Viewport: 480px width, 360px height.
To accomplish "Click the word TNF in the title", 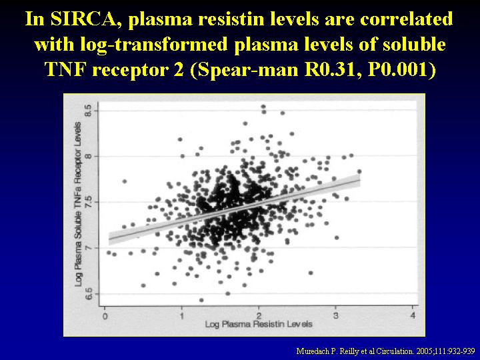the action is [x=66, y=69].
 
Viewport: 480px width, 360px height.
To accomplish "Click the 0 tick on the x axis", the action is [x=105, y=315].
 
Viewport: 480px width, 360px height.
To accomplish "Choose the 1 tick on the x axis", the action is [x=182, y=315].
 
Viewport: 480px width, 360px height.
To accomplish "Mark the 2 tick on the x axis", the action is [x=259, y=315].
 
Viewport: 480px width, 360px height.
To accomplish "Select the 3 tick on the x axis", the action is [x=336, y=315].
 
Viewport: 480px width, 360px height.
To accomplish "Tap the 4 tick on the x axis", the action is [x=413, y=315].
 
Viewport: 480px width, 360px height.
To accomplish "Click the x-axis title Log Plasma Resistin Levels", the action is [x=259, y=324].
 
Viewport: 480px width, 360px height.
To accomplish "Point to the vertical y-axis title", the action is [x=79, y=204].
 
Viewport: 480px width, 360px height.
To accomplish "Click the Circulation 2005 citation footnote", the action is [x=385, y=351].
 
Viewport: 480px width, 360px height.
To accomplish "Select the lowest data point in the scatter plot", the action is [x=201, y=300].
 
